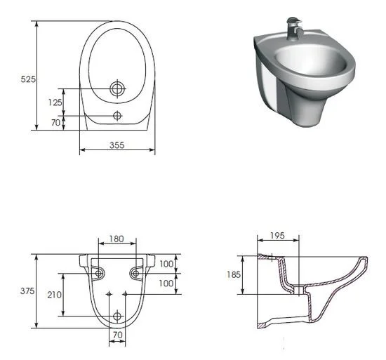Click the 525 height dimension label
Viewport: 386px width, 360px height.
pos(28,79)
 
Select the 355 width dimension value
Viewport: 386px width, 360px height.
pos(117,145)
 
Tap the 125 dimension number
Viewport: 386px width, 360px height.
pos(55,102)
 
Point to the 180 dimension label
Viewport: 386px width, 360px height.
pos(117,239)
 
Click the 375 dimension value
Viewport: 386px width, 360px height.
pos(27,291)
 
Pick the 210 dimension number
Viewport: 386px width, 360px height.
pos(55,295)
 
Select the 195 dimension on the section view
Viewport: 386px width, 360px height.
pos(277,236)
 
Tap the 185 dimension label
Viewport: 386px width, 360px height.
pos(234,274)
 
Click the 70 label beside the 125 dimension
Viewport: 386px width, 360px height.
pos(55,123)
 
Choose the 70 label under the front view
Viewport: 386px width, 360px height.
pos(118,335)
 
